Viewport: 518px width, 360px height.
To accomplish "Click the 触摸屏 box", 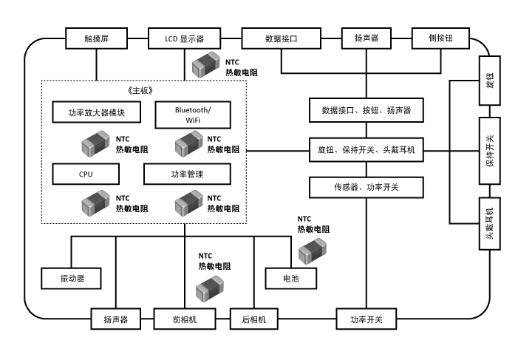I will click(96, 38).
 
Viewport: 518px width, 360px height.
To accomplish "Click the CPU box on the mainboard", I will click(86, 174).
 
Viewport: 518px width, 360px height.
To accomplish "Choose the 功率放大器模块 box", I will click(96, 114).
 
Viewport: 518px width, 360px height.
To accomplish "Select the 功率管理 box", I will click(187, 174).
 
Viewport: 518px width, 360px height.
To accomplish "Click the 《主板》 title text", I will click(143, 90).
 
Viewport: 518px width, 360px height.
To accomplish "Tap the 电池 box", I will click(290, 279).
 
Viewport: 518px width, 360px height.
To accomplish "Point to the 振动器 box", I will click(72, 279).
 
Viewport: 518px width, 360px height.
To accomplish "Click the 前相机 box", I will click(185, 319).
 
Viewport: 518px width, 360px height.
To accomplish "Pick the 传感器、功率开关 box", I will click(366, 188).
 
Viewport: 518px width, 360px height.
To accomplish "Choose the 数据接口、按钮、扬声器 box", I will click(366, 111).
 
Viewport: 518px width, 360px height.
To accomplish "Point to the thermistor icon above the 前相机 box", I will click(209, 286).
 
